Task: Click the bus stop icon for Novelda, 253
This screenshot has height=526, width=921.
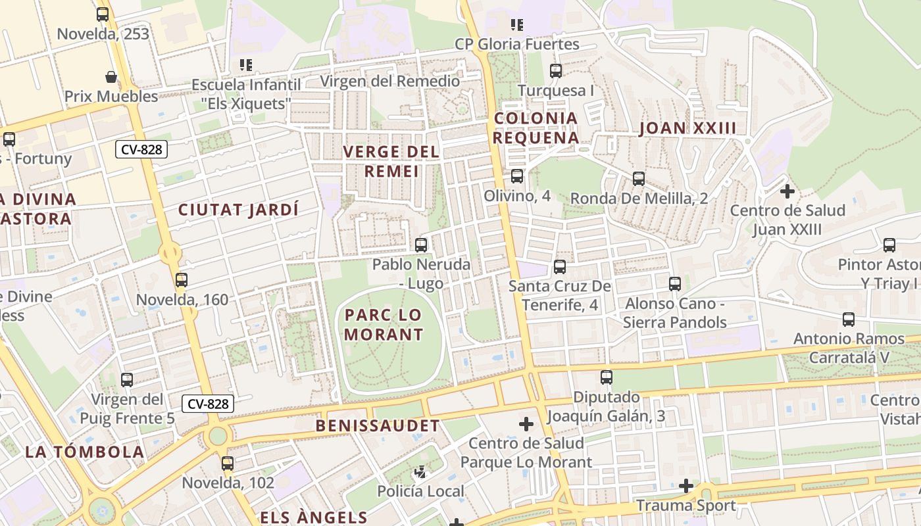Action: tap(103, 14)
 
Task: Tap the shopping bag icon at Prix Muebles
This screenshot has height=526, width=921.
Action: tap(111, 77)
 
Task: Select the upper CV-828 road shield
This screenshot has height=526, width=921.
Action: tap(141, 149)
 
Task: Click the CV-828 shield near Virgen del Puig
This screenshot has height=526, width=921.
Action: tap(208, 403)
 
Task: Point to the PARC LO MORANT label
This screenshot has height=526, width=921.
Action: tap(384, 325)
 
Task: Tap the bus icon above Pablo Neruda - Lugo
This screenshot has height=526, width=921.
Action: tap(421, 245)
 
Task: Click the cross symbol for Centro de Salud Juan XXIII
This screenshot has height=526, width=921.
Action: tap(787, 191)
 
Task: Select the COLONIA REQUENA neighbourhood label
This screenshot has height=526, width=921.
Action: tap(535, 128)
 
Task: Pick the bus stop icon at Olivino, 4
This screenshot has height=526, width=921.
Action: tap(517, 176)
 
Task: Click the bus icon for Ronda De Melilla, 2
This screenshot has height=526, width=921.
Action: tap(638, 179)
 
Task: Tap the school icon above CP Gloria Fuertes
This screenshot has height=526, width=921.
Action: tap(517, 25)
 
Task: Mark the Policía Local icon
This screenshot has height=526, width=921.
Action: tap(420, 472)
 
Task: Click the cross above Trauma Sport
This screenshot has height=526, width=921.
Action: tap(686, 486)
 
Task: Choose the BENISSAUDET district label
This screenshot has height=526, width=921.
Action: tap(378, 425)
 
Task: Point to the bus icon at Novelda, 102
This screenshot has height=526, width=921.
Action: tap(228, 464)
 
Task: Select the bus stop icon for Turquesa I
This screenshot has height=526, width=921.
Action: tap(556, 71)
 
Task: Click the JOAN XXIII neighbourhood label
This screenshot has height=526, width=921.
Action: tap(687, 128)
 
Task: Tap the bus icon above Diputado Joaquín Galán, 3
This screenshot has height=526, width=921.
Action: tap(607, 377)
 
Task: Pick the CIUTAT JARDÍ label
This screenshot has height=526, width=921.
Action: tap(239, 210)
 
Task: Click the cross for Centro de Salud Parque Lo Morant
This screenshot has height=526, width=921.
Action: tap(526, 424)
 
